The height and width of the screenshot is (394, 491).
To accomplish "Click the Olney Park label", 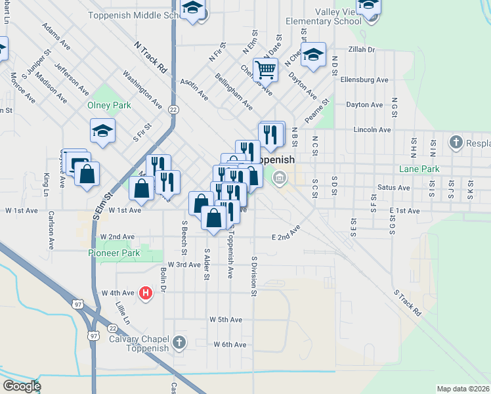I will (x=109, y=105).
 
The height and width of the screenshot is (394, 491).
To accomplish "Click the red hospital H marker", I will (x=146, y=294).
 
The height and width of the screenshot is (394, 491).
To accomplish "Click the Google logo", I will (x=21, y=386).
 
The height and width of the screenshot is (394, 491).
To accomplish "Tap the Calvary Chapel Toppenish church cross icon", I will (x=179, y=342).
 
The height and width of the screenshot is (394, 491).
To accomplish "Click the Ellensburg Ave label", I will (x=365, y=79).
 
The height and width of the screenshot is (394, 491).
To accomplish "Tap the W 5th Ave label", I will (x=226, y=319).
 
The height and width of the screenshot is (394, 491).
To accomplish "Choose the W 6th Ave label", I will (x=229, y=344).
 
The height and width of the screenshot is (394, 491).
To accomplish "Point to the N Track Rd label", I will (x=150, y=57).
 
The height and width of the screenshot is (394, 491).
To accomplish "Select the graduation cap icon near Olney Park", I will (x=102, y=131).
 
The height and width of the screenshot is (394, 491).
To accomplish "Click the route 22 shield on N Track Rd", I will (x=173, y=110).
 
